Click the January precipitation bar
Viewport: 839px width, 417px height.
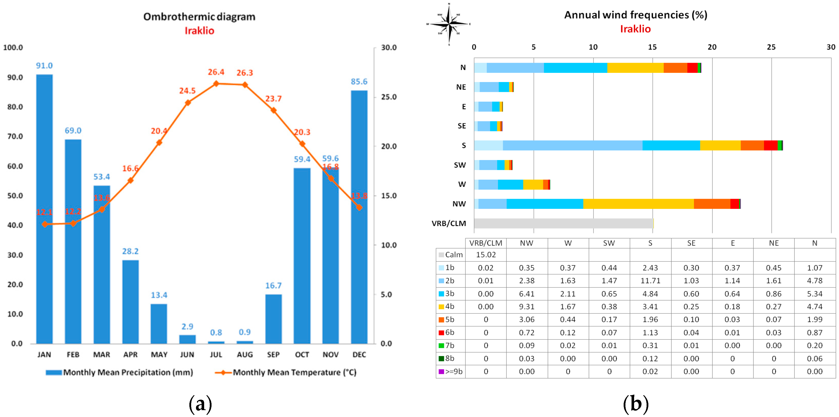pyautogui.click(x=44, y=208)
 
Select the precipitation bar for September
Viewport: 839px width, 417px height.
pyautogui.click(x=273, y=319)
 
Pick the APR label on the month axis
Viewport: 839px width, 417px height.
pyautogui.click(x=130, y=355)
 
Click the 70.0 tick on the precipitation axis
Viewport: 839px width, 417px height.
pyautogui.click(x=15, y=136)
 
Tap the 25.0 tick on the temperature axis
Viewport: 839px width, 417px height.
pyautogui.click(x=389, y=97)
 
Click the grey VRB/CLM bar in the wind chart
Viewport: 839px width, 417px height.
pyautogui.click(x=563, y=223)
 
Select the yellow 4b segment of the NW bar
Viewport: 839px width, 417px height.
pyautogui.click(x=638, y=204)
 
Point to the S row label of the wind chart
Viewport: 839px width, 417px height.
pyautogui.click(x=464, y=145)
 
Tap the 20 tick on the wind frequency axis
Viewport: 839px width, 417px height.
pyautogui.click(x=712, y=47)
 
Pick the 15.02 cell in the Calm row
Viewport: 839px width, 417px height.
pyautogui.click(x=486, y=254)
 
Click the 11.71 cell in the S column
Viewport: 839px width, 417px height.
pyautogui.click(x=650, y=281)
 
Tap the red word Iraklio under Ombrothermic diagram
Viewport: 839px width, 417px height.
pyautogui.click(x=199, y=31)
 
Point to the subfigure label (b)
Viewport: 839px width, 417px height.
pyautogui.click(x=635, y=404)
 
